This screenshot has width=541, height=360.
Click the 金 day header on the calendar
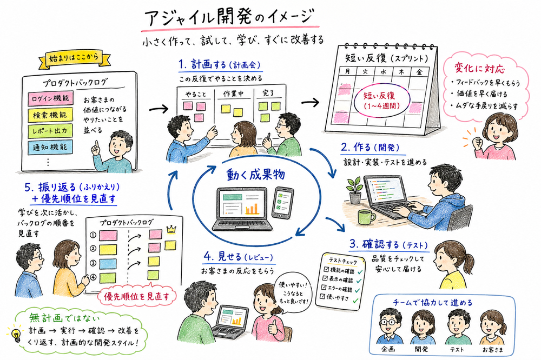419,71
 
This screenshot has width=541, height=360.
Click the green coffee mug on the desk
366,217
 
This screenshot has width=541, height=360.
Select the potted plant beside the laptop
355,189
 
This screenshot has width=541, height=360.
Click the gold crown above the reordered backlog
172,229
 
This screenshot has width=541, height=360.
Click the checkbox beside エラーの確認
325,288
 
